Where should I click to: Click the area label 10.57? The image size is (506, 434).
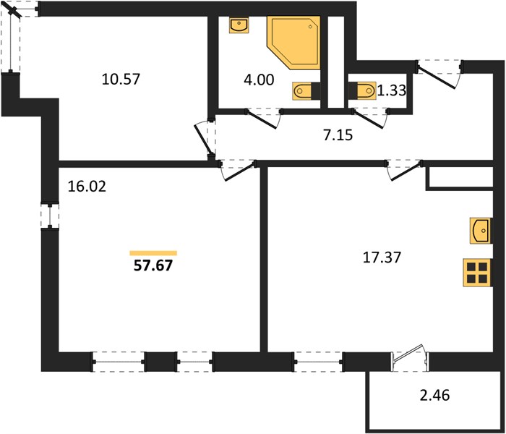(121, 79)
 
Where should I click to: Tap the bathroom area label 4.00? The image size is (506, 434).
(259, 80)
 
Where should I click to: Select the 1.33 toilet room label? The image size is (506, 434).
(392, 90)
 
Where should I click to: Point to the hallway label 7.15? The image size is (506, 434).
(338, 135)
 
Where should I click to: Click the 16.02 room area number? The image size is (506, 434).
(87, 187)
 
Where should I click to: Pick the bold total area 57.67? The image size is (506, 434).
(153, 265)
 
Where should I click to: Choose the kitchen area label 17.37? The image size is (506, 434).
(382, 258)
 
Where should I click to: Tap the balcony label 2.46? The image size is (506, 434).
(434, 395)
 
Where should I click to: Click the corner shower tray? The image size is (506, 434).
(293, 43)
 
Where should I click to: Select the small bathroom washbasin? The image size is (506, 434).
(239, 25)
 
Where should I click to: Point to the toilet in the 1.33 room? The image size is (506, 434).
(362, 90)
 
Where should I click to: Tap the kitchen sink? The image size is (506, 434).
(481, 231)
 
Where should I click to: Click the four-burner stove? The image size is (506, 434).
(478, 272)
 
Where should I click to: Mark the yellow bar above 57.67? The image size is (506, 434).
(153, 253)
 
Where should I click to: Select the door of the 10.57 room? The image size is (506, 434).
(205, 139)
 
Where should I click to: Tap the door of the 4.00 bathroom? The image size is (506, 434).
(264, 118)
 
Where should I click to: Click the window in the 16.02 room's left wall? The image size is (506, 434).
(50, 216)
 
